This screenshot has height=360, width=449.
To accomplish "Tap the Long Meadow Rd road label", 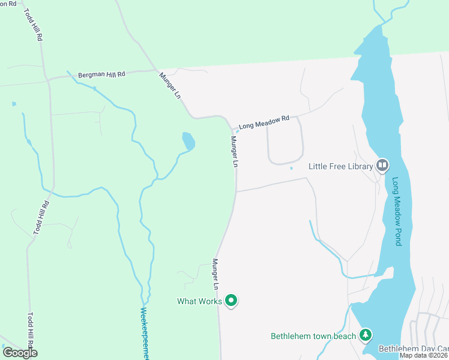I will (x=264, y=122).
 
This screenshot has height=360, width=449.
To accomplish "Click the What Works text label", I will (x=199, y=301).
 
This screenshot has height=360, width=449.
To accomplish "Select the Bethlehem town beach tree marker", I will (x=364, y=335).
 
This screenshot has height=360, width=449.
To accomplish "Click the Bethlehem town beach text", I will (x=313, y=336).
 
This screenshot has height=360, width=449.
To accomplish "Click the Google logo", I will (x=20, y=353).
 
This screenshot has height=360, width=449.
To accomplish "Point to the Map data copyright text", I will (x=424, y=355).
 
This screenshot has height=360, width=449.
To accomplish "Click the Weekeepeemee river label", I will (x=144, y=334).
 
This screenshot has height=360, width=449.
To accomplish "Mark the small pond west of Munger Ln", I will (x=188, y=141).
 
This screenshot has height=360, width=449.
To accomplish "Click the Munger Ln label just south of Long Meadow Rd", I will (x=235, y=151).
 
